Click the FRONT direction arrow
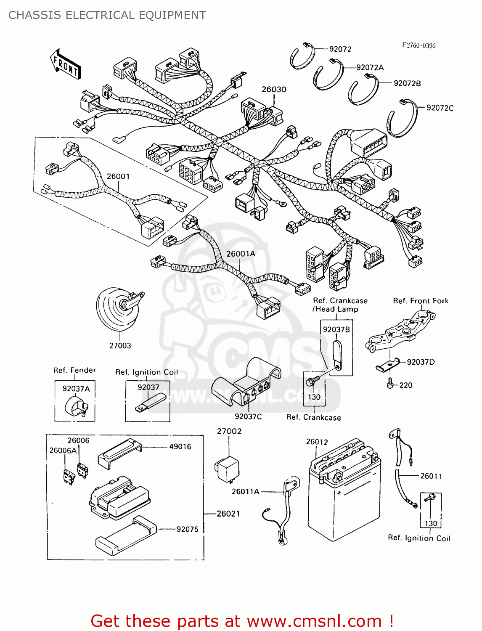[x=65, y=64]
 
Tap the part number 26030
[x=274, y=89]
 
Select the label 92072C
[x=440, y=108]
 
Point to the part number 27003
[x=120, y=345]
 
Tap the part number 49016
[x=180, y=446]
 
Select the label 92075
[x=187, y=529]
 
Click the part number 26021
[x=228, y=514]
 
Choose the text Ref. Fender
[x=74, y=370]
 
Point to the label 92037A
[x=76, y=389]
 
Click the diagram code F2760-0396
[x=418, y=45]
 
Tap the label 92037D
[x=421, y=362]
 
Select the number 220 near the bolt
[x=405, y=385]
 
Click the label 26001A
[x=241, y=254]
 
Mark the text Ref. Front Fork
[x=421, y=301]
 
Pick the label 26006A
[x=63, y=451]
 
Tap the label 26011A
[x=245, y=491]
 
